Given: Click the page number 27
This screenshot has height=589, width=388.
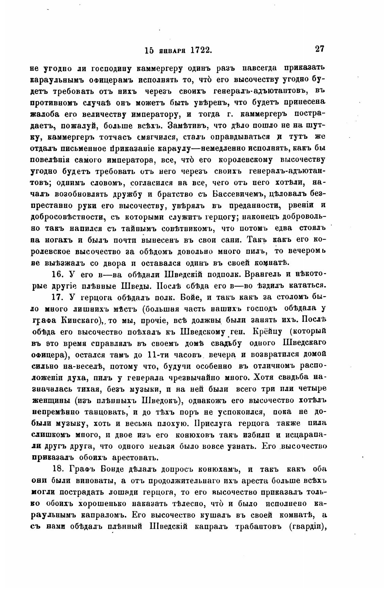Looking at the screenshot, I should (x=320, y=49).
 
